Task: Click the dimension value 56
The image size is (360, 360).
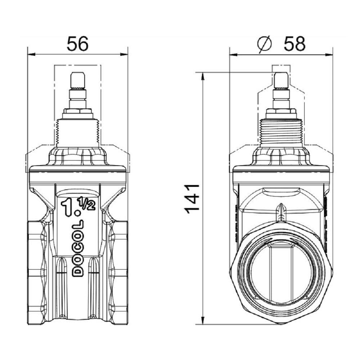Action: tap(77, 44)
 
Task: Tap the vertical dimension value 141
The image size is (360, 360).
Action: tap(192, 199)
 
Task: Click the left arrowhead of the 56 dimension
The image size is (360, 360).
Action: tap(31, 55)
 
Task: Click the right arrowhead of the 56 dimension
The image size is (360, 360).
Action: tap(124, 55)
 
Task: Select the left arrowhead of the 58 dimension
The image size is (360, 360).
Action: tap(233, 55)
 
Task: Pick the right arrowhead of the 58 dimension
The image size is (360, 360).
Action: tap(329, 55)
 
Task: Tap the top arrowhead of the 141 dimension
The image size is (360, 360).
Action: tap(203, 77)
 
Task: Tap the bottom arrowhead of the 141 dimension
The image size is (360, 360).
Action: tap(203, 320)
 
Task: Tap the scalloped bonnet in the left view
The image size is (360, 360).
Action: tap(78, 157)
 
